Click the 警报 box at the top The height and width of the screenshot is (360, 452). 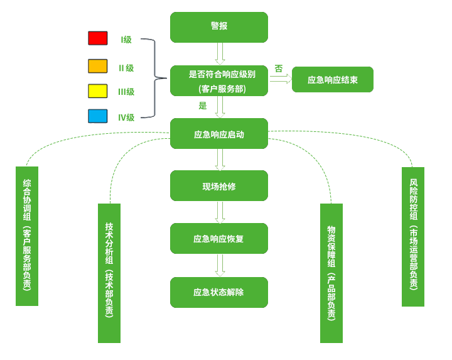coord(219,26)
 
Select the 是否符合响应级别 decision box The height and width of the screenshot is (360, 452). coord(219,81)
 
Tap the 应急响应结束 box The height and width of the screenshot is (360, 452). coord(333,80)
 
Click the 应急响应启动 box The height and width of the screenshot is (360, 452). coord(219,134)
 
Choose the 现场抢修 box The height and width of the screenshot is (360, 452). coord(219,187)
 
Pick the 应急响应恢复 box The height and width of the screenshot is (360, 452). coord(219,239)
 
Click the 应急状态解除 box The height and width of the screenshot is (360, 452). coord(219,292)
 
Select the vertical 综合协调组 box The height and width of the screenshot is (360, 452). coord(27,236)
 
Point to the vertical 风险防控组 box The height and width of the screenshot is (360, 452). coord(413,236)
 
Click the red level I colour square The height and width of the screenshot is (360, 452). coord(98,39)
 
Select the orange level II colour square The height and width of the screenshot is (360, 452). coord(98,67)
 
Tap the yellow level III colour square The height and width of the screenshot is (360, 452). coord(98,91)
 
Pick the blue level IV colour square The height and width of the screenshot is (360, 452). coord(98,116)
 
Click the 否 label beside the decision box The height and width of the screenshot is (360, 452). coord(278,68)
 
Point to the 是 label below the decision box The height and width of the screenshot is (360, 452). coord(203,106)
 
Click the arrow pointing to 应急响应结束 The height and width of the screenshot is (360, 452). coord(280,80)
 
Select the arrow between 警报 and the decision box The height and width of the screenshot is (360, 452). coord(219,54)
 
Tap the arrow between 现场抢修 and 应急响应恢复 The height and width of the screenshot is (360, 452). coord(219,213)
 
